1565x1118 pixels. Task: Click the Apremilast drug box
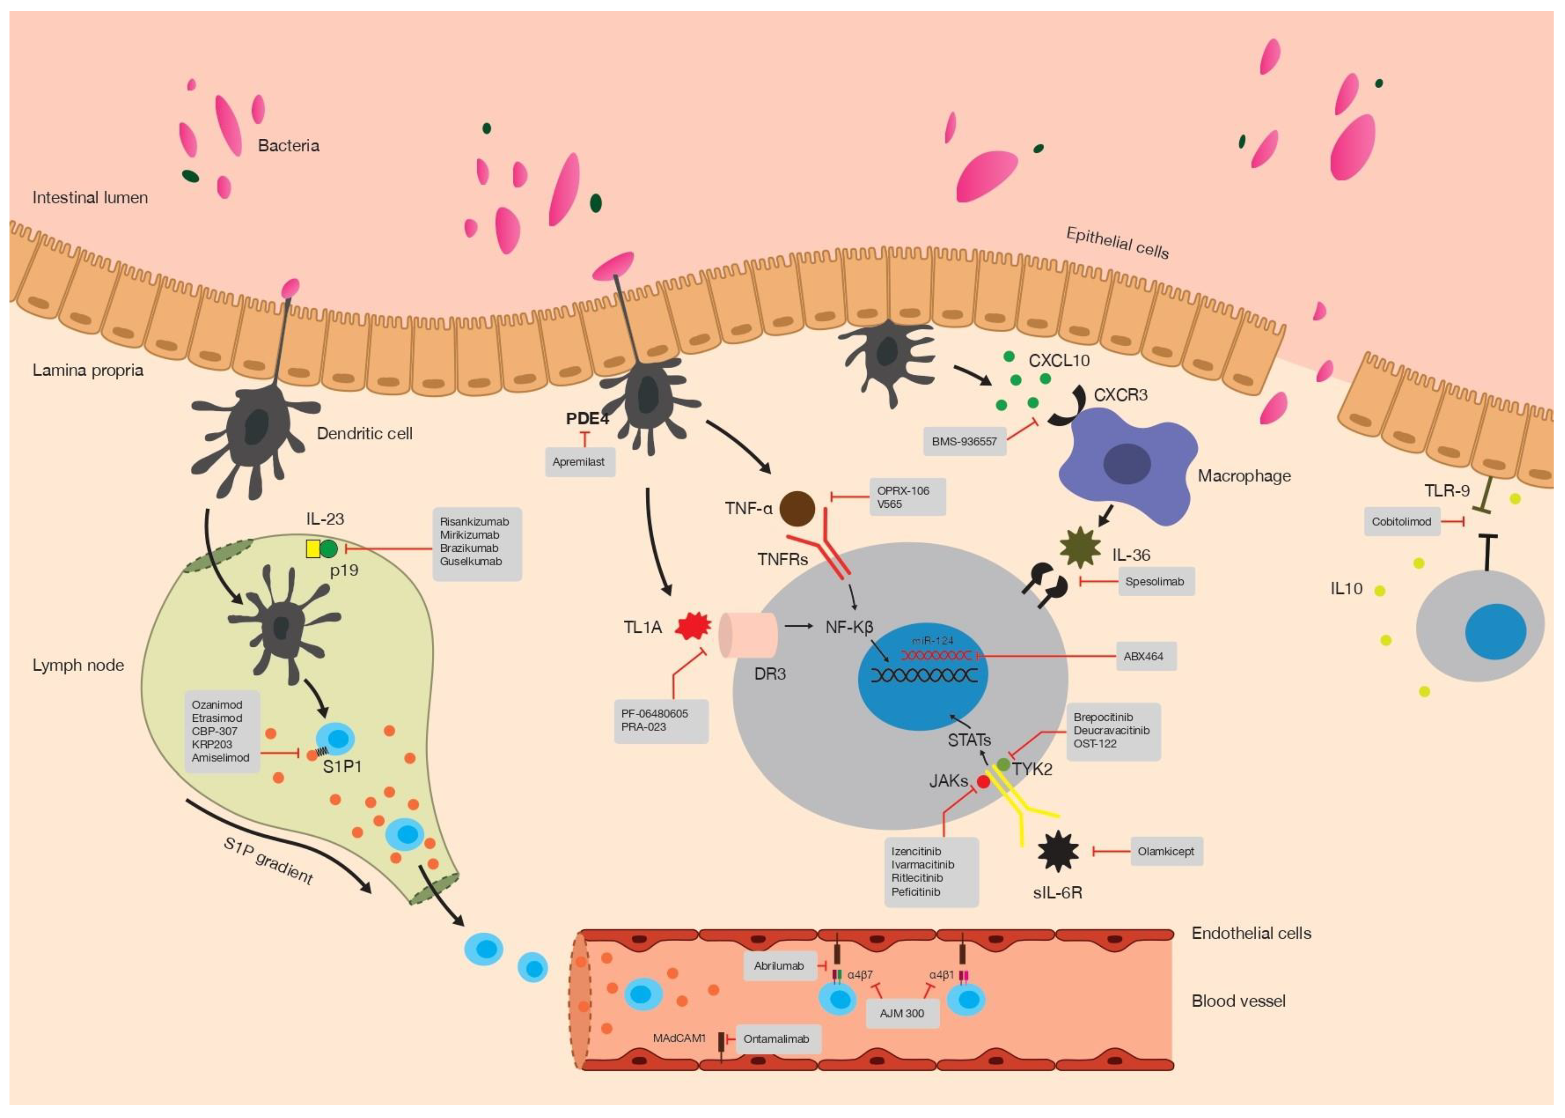tap(579, 462)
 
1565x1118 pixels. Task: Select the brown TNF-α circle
tap(797, 509)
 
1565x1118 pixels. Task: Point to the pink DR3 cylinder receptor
tap(748, 635)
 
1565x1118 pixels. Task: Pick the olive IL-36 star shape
tap(1081, 547)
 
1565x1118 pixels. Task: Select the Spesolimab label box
tap(1155, 582)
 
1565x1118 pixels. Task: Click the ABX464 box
tap(1144, 656)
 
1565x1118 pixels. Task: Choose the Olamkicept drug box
tap(1166, 852)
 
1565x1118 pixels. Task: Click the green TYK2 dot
tap(1004, 764)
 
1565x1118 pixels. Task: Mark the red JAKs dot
tap(983, 782)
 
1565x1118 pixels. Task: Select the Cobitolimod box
tap(1401, 522)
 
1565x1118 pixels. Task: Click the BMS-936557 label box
tap(964, 441)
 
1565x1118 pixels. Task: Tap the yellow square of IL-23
tap(313, 549)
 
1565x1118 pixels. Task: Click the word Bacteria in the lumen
tap(288, 145)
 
